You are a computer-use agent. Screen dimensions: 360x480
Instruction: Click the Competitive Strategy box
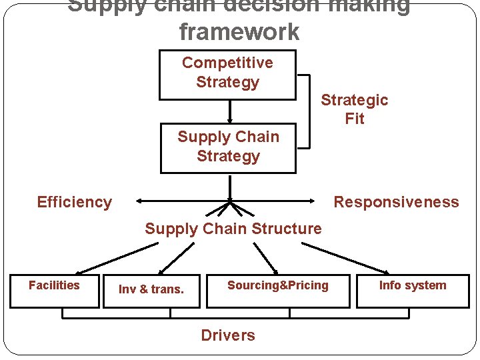(x=227, y=73)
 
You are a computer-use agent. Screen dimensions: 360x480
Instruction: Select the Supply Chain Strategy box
(x=228, y=147)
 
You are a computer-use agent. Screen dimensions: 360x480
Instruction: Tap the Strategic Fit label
(x=354, y=109)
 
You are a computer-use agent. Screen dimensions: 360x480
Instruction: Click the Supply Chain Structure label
(x=233, y=229)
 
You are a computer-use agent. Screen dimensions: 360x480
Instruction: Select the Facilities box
(x=55, y=291)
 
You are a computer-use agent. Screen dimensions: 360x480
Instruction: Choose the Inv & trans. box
(x=151, y=291)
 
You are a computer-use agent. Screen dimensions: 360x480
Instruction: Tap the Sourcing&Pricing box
(x=277, y=291)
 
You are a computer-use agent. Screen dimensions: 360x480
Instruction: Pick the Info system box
(x=413, y=291)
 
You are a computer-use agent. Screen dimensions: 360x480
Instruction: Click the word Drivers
(x=228, y=335)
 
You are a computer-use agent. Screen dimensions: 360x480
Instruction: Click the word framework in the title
(x=239, y=31)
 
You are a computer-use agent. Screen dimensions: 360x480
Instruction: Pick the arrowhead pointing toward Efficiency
(x=137, y=200)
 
